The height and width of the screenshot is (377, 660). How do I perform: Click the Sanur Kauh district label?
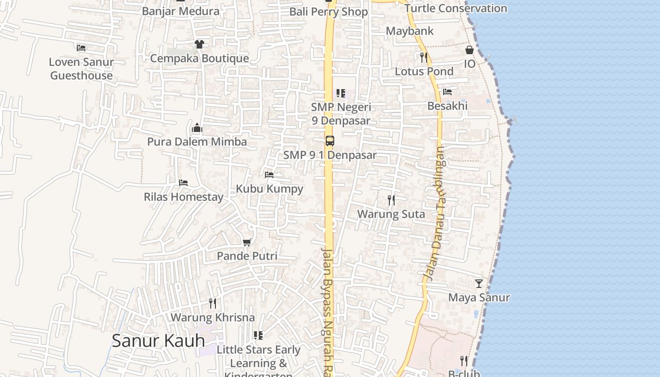pos(158,341)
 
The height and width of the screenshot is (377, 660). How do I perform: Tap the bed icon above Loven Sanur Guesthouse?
pos(81,48)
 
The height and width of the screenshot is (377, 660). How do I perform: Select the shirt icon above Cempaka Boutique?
pos(199,44)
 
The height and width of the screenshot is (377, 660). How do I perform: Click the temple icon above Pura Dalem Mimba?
pos(197,128)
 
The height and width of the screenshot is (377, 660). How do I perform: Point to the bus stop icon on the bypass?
pos(330,140)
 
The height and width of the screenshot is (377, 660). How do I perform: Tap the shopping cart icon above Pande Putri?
pos(247,242)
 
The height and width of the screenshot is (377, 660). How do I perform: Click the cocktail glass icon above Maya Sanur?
pos(479,283)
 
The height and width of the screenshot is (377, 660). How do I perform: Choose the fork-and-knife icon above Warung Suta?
pos(391,200)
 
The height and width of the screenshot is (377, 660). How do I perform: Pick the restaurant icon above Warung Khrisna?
pos(213,303)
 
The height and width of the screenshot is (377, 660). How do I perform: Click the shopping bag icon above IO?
pos(470,50)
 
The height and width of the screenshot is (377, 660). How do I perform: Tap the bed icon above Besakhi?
pos(447,92)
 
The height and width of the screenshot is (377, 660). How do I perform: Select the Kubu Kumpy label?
pos(269,189)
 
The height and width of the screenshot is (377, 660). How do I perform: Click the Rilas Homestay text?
pos(183,197)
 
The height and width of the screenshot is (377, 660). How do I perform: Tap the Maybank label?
pos(410,31)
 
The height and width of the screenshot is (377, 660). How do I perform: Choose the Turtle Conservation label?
pos(455,8)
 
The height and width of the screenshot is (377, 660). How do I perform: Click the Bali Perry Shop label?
pos(328,12)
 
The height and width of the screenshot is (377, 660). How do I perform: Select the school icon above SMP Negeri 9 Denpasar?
pos(340,93)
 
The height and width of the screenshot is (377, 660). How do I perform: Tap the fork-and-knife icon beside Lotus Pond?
pos(423,57)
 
